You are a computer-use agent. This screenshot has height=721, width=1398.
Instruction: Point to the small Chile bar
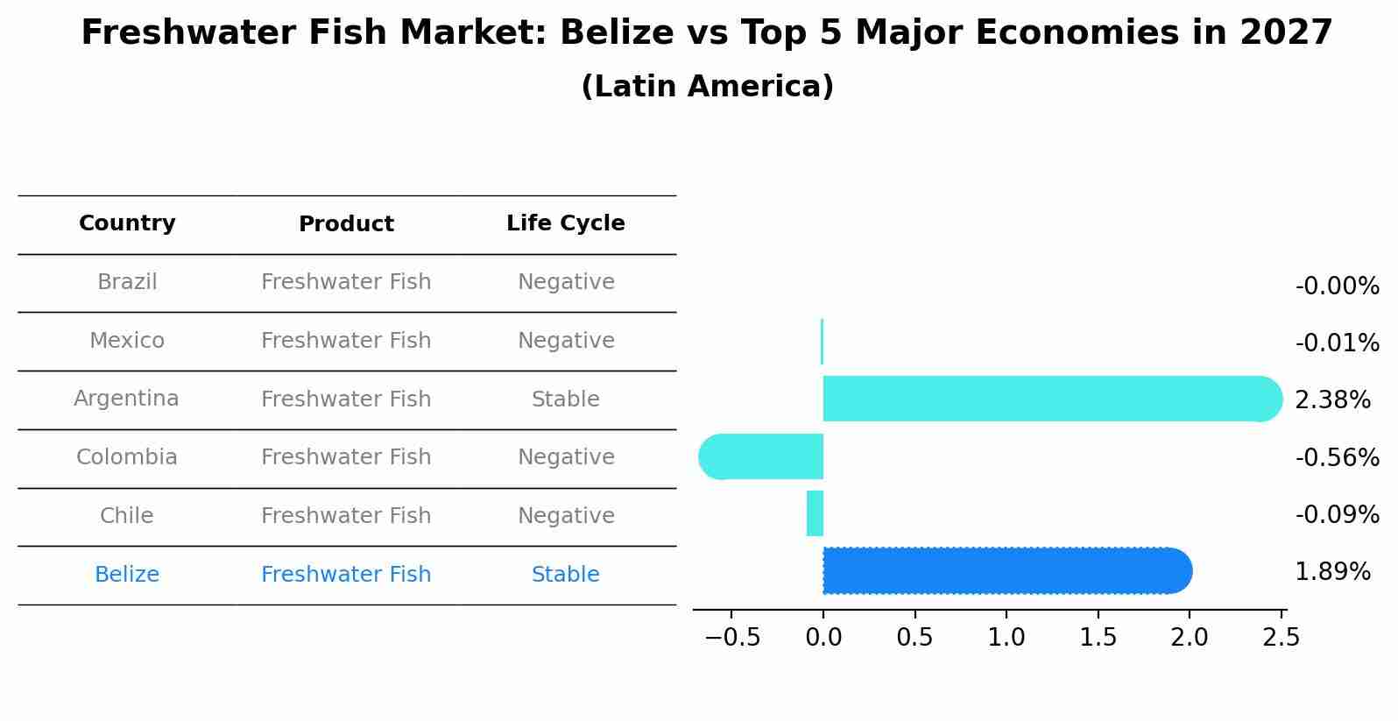[x=815, y=513]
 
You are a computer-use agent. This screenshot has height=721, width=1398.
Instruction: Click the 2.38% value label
[x=1332, y=400]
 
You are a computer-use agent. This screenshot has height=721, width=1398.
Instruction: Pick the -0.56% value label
[x=1337, y=457]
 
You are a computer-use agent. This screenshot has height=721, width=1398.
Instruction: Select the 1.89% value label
[x=1332, y=572]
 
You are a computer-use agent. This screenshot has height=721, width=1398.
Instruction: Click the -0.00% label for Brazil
[x=1337, y=286]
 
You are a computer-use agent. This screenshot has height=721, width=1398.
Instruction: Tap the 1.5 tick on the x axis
[x=1098, y=637]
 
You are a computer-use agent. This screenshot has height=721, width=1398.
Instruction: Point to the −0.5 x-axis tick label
[x=732, y=637]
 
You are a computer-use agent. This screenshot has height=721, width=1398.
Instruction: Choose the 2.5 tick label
[x=1281, y=637]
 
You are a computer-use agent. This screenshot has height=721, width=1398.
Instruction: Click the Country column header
[x=127, y=223]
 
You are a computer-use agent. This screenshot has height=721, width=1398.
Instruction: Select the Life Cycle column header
[x=566, y=223]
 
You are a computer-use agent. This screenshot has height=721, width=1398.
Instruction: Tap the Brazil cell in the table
[x=127, y=282]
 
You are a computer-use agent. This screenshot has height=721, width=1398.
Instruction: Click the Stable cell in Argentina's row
[x=566, y=399]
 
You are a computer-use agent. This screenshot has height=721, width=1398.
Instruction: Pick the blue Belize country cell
[x=127, y=575]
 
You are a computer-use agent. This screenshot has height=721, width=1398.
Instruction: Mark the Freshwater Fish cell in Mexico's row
[x=346, y=341]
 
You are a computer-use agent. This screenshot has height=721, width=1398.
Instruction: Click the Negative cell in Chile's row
[x=566, y=516]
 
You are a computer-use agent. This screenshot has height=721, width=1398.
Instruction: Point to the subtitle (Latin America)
[x=707, y=87]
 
